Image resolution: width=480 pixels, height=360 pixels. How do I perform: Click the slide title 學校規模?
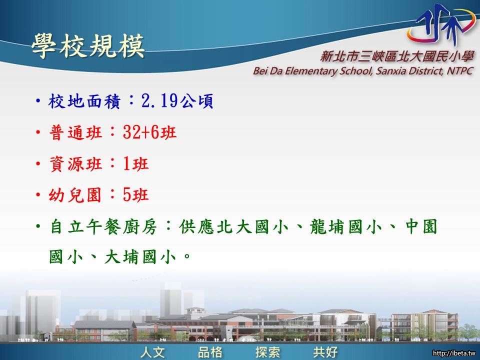coord(88,45)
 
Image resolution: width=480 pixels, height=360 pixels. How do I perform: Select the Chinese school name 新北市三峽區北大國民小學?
coord(397,56)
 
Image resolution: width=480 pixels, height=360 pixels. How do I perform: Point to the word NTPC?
coord(460,70)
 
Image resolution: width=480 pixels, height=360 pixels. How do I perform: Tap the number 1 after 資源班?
coord(126,164)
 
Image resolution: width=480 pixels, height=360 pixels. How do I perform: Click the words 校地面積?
coord(84,101)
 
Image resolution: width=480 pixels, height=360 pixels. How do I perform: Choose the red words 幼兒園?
coord(75,194)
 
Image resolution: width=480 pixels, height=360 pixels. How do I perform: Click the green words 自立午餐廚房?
coord(103,227)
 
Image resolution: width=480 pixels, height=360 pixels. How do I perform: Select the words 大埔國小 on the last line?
coord(140,256)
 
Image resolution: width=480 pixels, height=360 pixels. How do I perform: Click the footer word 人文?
coord(153,352)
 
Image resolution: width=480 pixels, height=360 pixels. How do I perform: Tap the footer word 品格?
coord(210,352)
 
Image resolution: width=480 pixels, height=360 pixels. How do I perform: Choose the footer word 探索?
coord(268,352)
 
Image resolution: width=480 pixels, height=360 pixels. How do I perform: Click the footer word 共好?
coord(325,352)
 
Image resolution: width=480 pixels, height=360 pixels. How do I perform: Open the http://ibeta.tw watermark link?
coord(454,353)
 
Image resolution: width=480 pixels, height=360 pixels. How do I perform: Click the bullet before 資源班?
coord(38,164)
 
